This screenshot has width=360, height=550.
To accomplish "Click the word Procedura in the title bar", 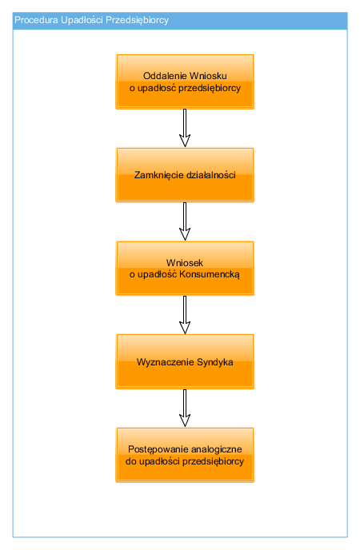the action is pos(36,20).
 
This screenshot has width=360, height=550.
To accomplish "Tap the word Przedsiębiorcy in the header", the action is pos(137,20).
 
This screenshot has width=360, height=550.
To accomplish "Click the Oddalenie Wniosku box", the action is pos(185,82).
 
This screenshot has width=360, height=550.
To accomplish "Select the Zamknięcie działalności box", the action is pos(185,175).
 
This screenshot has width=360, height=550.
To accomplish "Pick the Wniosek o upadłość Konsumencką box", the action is pos(185,269).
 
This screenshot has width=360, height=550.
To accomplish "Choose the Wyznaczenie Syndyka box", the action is pos(185,361).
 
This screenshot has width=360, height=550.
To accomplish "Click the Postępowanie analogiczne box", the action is pos(185,455).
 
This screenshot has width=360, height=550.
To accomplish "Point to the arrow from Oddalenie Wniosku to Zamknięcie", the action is pos(185,128).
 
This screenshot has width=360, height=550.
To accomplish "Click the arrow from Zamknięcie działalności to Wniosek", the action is pos(185,221).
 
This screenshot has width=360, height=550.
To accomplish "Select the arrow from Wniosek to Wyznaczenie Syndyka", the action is pos(185,315).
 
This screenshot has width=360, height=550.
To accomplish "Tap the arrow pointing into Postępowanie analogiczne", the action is pos(185,408).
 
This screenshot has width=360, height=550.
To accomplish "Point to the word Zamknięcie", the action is pos(158,175).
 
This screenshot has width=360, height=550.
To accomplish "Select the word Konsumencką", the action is pos(210,274).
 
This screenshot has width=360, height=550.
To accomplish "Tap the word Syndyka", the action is pos(214,362).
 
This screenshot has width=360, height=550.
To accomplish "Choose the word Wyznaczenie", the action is pos(166,362).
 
